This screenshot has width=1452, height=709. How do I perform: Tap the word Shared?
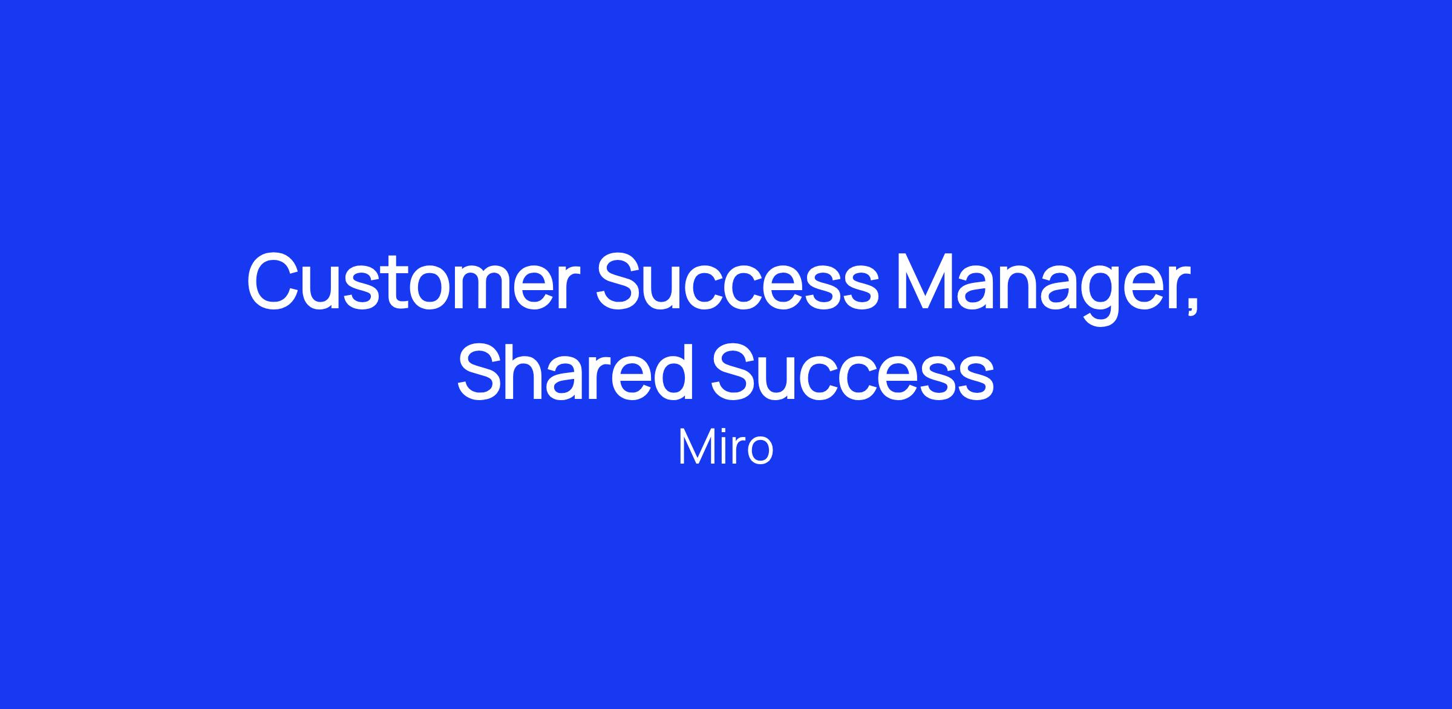575,371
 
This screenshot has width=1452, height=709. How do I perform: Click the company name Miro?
725,447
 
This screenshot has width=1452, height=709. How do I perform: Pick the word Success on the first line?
737,282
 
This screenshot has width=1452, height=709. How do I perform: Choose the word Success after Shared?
852,371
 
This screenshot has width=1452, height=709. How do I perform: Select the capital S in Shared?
483,371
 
